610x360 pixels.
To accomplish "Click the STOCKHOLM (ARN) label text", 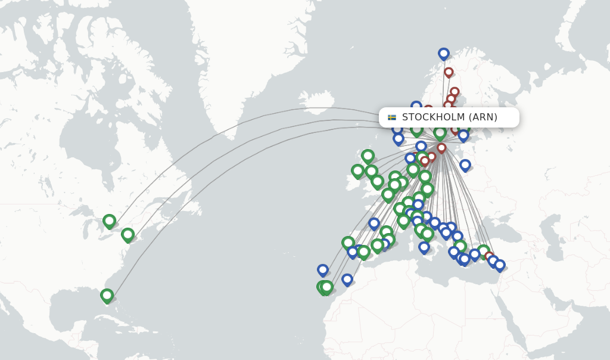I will [x=449, y=117].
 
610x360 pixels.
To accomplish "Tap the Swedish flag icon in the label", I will [x=392, y=117].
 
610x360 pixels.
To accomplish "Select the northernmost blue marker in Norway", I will [x=444, y=54].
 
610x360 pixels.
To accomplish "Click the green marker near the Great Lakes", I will [x=109, y=221].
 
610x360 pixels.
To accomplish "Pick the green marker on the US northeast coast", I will [x=127, y=234].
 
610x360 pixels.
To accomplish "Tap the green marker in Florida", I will [x=107, y=295].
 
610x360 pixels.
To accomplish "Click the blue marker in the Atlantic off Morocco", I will [x=323, y=270].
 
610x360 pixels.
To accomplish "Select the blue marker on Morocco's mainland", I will [x=347, y=279].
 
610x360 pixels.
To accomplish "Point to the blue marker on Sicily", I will [x=424, y=247].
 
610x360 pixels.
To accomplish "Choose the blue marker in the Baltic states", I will [x=465, y=165].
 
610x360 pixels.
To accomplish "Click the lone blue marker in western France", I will [x=374, y=224].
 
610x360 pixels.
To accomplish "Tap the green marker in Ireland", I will [x=357, y=170].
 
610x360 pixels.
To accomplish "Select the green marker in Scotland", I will [x=368, y=156].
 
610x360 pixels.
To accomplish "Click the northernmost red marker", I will [x=449, y=72].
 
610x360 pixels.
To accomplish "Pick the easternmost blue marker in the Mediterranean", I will [x=500, y=265].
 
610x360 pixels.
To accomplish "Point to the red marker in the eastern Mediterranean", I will [x=489, y=256].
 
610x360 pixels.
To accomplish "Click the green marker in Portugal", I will [x=348, y=243].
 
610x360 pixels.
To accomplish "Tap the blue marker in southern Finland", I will [x=463, y=135].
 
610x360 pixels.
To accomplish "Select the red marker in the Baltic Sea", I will [x=441, y=148].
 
